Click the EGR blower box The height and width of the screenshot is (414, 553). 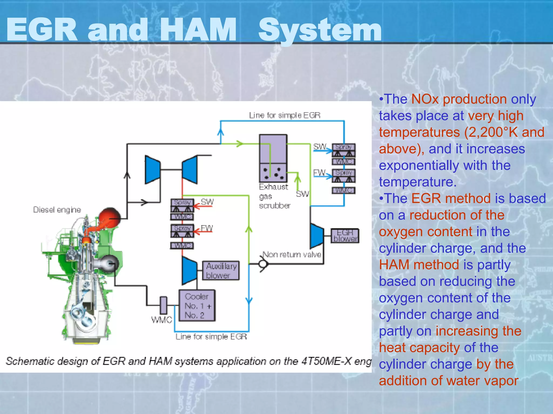click(345, 236)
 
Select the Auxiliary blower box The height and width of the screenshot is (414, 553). click(221, 270)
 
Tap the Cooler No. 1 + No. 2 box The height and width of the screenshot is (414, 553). click(197, 305)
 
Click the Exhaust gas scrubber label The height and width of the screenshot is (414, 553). click(274, 196)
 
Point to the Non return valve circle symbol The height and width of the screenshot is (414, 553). click(263, 264)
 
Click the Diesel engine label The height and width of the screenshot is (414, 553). click(57, 210)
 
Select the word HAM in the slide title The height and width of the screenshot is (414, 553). click(198, 30)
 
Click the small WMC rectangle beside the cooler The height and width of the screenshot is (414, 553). click(163, 305)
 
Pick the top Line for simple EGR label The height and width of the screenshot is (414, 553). click(285, 115)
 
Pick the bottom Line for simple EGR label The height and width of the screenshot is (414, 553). click(211, 337)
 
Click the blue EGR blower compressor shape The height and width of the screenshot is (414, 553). click(317, 236)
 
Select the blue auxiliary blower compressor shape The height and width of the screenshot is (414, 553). click(190, 270)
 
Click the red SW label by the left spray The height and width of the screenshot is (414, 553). click(207, 202)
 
